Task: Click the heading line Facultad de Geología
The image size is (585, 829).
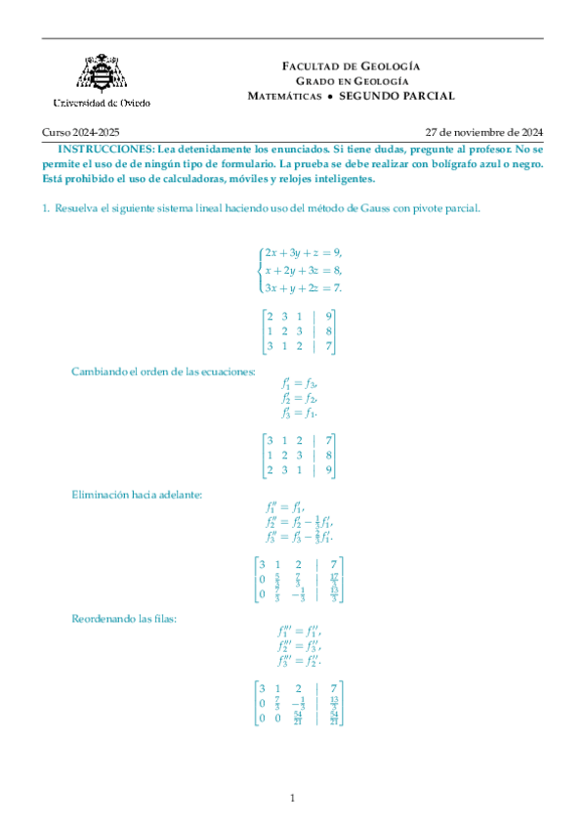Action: [x=351, y=65]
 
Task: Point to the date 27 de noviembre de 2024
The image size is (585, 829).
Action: [x=484, y=132]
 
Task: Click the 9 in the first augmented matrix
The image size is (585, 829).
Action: [x=330, y=315]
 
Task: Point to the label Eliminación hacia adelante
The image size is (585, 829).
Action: [x=137, y=496]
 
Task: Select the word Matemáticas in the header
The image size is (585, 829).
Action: [x=284, y=96]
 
